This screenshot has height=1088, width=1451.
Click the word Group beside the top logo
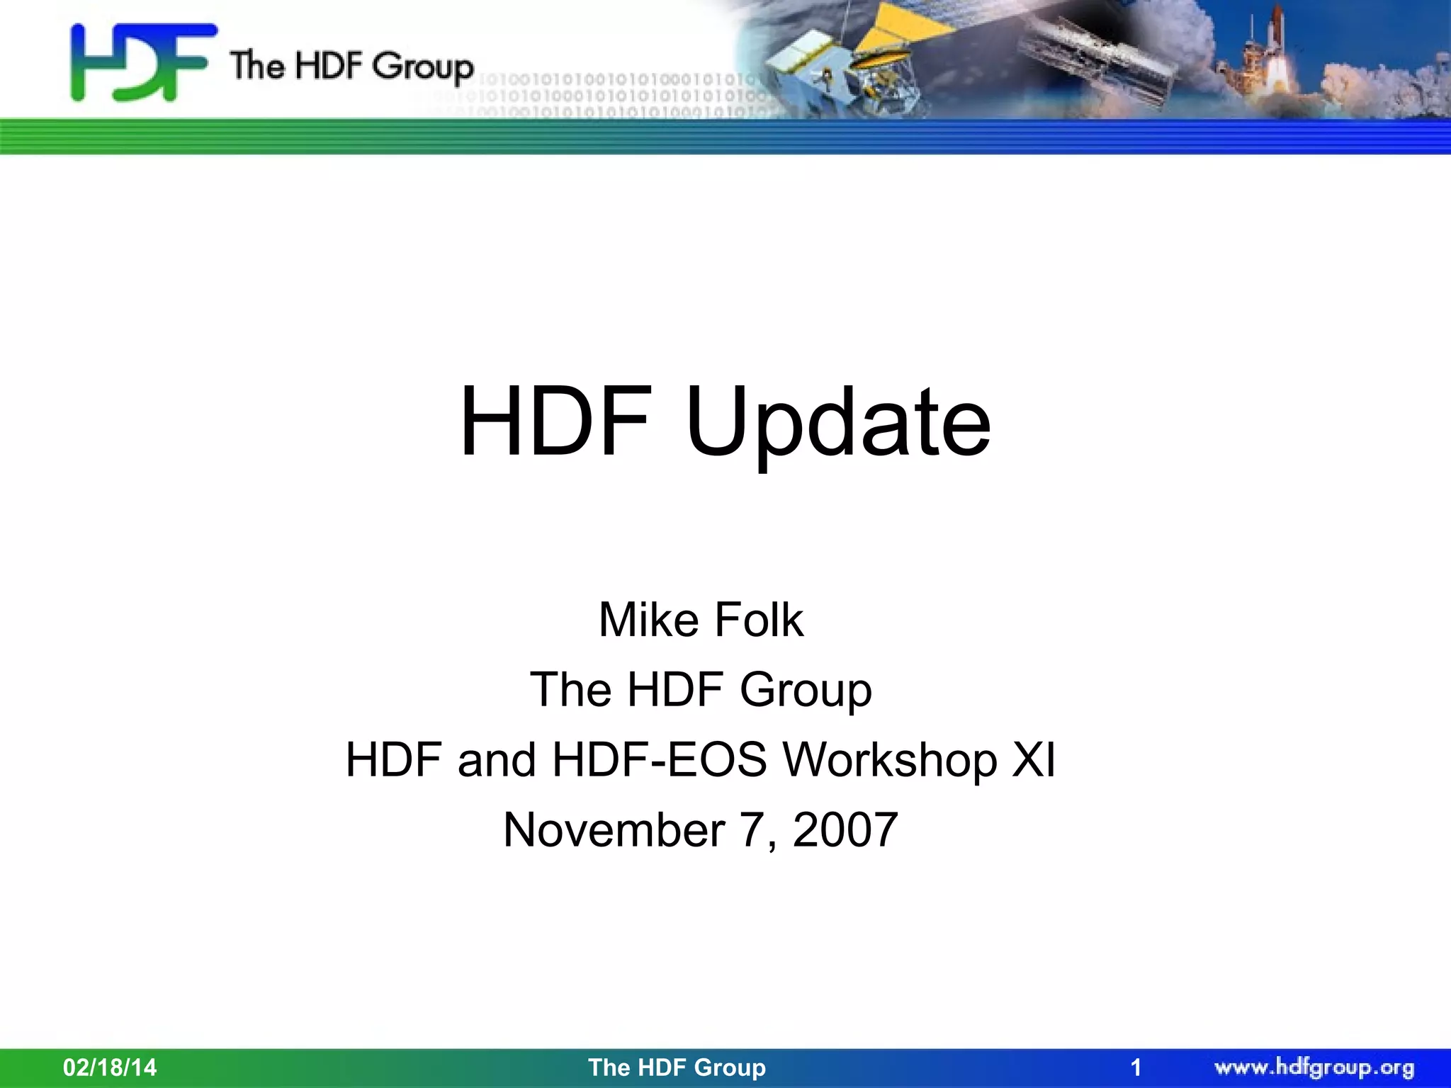click(x=423, y=68)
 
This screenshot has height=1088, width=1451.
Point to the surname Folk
click(x=759, y=620)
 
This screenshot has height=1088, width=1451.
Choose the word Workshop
click(x=890, y=760)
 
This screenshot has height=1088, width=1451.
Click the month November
click(x=614, y=829)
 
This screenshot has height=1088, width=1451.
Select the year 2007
click(x=845, y=829)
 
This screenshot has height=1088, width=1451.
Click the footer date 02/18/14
click(x=110, y=1067)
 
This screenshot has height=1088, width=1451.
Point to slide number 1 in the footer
click(x=1136, y=1067)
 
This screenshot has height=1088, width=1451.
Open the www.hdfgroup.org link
click(x=1314, y=1067)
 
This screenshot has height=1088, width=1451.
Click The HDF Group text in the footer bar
click(x=677, y=1067)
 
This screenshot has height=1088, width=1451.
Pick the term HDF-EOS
click(x=660, y=760)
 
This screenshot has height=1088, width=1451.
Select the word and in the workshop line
click(x=496, y=760)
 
